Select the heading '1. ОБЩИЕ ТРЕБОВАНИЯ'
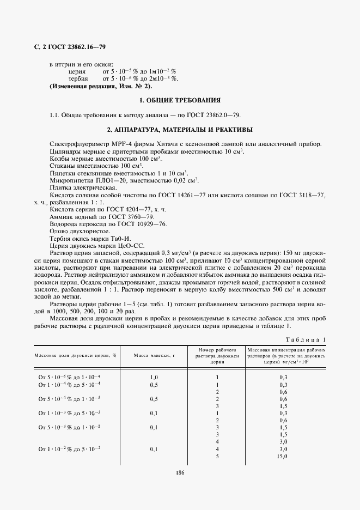[x=180, y=100]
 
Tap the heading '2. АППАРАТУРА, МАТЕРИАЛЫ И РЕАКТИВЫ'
[x=180, y=130]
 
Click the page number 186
[x=180, y=472]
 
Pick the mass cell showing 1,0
[x=154, y=377]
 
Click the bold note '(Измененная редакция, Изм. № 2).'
[x=101, y=86]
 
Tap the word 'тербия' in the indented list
[x=78, y=78]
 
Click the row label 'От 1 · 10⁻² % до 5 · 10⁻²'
[x=70, y=448]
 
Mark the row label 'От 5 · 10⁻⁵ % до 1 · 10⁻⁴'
[x=70, y=377]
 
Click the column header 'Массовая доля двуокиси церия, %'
[x=76, y=354]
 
